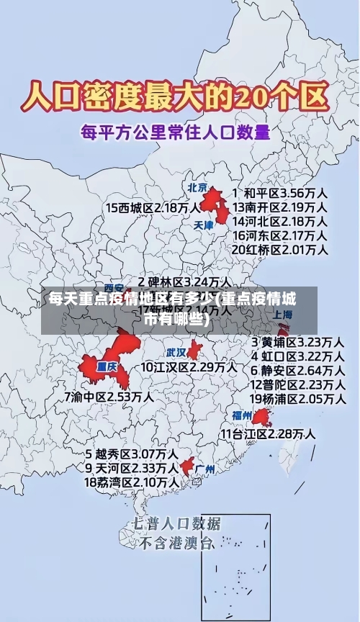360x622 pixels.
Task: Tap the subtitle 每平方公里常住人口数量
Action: pos(176,132)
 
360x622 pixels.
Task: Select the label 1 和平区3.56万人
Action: pos(280,194)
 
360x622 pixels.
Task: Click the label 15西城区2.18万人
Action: pos(153,207)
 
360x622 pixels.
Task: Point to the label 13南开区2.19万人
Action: pos(280,207)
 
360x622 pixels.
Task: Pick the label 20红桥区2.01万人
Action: pos(280,249)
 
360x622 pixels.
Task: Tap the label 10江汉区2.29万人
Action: pos(189,367)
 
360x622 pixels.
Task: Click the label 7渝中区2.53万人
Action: pos(108,397)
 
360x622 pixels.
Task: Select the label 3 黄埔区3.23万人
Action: pos(297,342)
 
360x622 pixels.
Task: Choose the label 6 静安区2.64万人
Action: pos(297,370)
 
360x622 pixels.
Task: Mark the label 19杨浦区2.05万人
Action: pos(297,398)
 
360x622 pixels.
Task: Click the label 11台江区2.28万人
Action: pos(267,433)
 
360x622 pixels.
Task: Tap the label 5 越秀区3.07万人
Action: pos(132,455)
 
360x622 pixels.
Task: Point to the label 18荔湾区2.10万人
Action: pos(132,482)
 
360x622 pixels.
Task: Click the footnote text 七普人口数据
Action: pos(177,523)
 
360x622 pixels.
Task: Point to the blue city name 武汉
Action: pos(176,353)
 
